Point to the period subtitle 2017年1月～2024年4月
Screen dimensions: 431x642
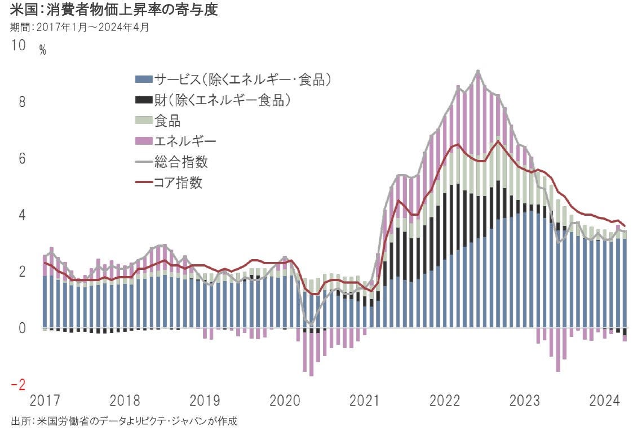click(x=79, y=26)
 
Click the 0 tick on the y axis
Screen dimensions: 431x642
click(x=22, y=328)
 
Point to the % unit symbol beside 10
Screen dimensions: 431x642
click(x=43, y=50)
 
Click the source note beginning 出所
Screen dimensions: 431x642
click(x=124, y=421)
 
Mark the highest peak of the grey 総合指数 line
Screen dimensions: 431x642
click(x=478, y=71)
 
